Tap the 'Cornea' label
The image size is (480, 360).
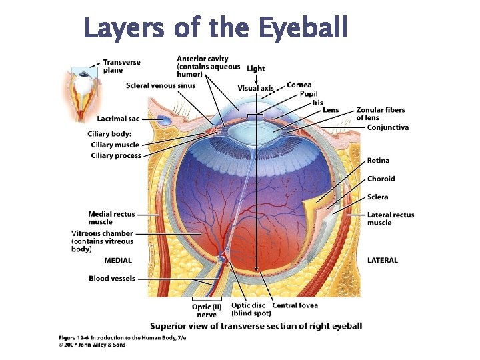coord(299,85)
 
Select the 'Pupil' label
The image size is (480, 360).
coord(309,94)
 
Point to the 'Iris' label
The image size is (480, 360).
coord(317,102)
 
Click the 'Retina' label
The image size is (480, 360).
coord(378,161)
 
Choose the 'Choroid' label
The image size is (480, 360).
coord(381,179)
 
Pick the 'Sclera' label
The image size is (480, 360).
coord(377,197)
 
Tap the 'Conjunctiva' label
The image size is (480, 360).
coord(387,127)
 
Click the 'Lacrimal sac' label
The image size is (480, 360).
coord(118,119)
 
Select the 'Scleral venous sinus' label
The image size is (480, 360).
coord(160,85)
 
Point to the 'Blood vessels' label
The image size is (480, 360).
coord(112,278)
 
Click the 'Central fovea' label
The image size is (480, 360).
coord(295,305)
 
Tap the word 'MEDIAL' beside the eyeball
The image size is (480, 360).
coord(118,260)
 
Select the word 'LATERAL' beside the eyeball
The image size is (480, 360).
coord(382,260)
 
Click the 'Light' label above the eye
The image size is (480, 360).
coord(255,69)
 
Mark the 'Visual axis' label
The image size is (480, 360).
coord(255,89)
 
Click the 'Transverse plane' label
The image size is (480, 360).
coord(121,66)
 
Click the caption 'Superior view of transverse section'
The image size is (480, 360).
coord(256,326)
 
